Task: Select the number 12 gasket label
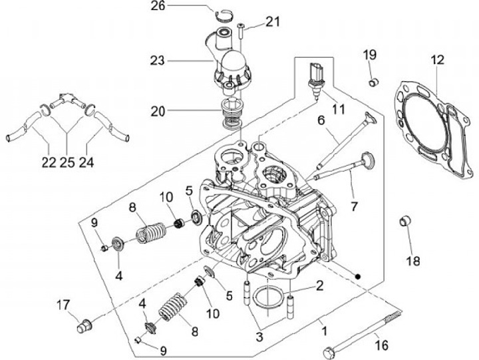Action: click(x=436, y=61)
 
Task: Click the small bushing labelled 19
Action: click(x=374, y=82)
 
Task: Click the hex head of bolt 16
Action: click(x=328, y=351)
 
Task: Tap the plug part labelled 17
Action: click(x=84, y=326)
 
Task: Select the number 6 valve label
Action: click(x=321, y=121)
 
